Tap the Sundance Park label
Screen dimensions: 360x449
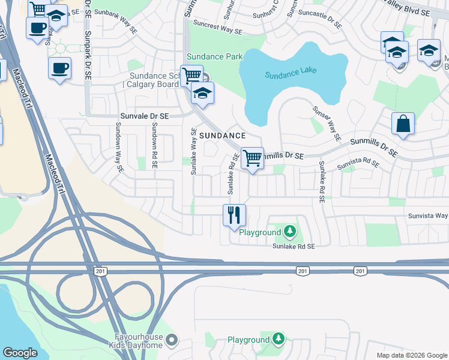(x=214, y=56)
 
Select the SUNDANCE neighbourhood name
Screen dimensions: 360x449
(x=223, y=136)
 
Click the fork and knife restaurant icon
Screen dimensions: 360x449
(x=234, y=215)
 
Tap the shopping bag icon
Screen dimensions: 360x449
(x=403, y=124)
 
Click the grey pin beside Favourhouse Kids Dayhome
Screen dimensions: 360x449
(x=172, y=341)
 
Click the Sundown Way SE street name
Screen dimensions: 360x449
(x=119, y=148)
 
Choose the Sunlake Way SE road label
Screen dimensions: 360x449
(x=193, y=151)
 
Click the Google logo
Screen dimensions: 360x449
(x=20, y=353)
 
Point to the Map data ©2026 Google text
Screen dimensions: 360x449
(x=411, y=355)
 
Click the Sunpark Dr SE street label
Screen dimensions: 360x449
(x=88, y=56)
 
